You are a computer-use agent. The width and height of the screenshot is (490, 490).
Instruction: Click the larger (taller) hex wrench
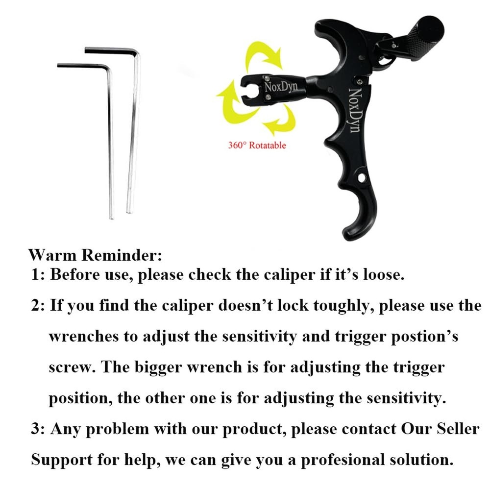(x=134, y=132)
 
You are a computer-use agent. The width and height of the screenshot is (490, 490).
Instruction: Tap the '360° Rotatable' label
(x=257, y=145)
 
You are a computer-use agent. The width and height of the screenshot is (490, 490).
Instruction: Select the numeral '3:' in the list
(x=39, y=429)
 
